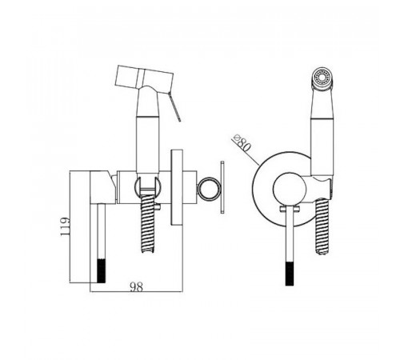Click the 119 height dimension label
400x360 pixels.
pyautogui.click(x=65, y=226)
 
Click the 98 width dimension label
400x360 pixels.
pyautogui.click(x=137, y=286)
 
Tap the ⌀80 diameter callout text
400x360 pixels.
pyautogui.click(x=242, y=144)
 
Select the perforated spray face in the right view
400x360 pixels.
pyautogui.click(x=322, y=78)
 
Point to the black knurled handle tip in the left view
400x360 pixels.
pyautogui.click(x=101, y=270)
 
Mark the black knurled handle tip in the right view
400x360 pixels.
pyautogui.click(x=290, y=274)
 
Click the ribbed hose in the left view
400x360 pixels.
pyautogui.click(x=147, y=223)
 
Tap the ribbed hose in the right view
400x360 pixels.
pyautogui.click(x=322, y=226)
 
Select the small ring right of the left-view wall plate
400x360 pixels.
pyautogui.click(x=209, y=188)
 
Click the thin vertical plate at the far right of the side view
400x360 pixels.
pyautogui.click(x=222, y=187)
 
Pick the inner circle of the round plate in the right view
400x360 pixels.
pyautogui.click(x=287, y=188)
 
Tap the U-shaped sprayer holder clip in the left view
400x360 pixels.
pyautogui.click(x=147, y=186)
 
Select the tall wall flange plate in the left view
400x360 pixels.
pyautogui.click(x=177, y=187)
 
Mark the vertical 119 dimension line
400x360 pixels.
pyautogui.click(x=70, y=226)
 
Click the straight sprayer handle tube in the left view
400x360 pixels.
pyautogui.click(x=147, y=144)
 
